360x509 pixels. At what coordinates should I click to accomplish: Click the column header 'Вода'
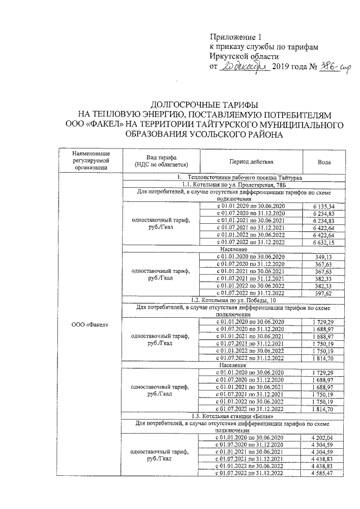click(x=324, y=161)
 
